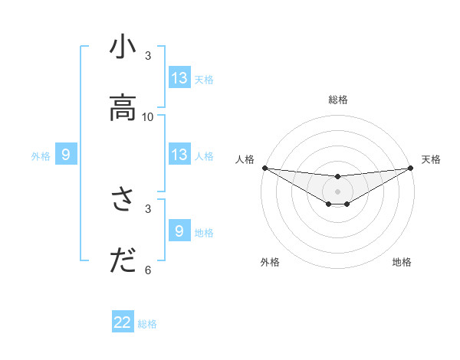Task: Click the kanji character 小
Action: point(123,48)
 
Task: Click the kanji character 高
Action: point(123,110)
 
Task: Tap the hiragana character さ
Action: point(123,201)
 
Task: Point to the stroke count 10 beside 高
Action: point(148,117)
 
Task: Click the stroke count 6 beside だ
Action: point(148,270)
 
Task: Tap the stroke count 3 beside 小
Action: point(148,56)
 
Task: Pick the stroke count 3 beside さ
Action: point(148,208)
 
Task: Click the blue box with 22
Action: point(123,322)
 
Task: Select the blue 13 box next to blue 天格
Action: point(179,78)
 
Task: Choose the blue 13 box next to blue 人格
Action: point(179,155)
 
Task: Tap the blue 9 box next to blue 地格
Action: point(179,231)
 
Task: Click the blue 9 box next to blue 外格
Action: point(66,155)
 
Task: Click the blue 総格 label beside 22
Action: point(147,324)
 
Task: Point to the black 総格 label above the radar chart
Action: point(338,100)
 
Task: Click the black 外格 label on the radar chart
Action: point(270,262)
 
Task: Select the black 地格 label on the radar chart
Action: point(402,262)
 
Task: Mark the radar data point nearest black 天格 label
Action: point(410,168)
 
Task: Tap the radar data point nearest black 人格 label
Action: point(264,168)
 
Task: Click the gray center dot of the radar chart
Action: point(337,191)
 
